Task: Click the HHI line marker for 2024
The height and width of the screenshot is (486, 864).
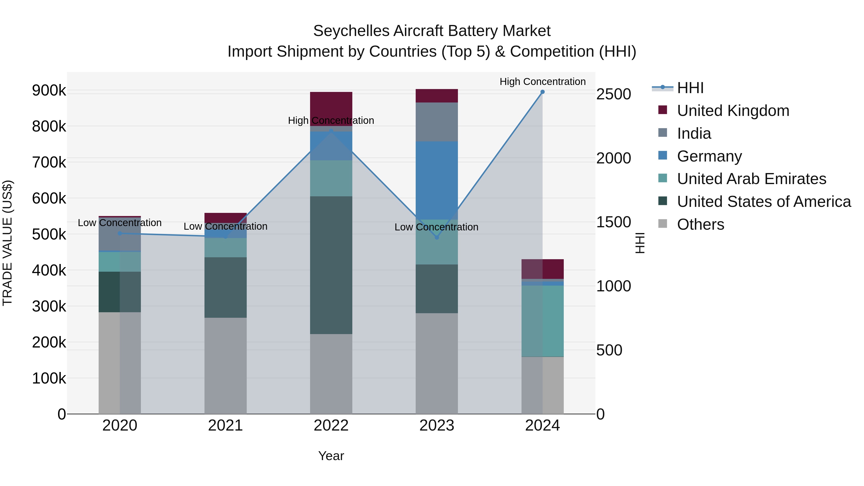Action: coord(542,92)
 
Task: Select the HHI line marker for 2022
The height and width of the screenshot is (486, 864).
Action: coord(331,131)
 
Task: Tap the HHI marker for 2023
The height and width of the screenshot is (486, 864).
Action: coord(437,237)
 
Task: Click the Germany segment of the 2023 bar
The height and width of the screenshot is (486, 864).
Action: coord(437,180)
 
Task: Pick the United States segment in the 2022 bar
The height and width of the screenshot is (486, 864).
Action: coord(331,265)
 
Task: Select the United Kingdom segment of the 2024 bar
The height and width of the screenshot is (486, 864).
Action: coord(542,269)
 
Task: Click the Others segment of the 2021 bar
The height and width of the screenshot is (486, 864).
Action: coord(225,366)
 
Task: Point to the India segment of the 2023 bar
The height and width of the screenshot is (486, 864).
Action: coord(437,122)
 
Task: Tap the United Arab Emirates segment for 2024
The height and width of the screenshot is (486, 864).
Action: coord(542,321)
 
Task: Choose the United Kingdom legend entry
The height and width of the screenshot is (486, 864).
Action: coord(733,111)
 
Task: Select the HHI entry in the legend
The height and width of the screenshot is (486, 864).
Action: coord(690,88)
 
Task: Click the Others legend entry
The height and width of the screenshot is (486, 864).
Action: coord(700,224)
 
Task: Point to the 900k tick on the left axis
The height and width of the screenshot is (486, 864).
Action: coord(49,90)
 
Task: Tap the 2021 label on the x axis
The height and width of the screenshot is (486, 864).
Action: coord(225,426)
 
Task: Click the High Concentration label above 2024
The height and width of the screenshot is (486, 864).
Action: coord(542,82)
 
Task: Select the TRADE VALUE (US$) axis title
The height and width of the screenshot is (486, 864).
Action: coord(7,243)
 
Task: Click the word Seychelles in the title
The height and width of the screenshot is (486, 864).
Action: coord(351,31)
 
